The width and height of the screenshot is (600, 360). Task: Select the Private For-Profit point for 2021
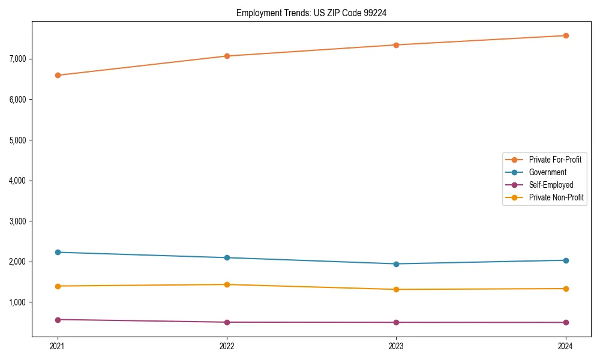tap(58, 75)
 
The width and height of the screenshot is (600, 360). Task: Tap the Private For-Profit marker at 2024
tap(566, 35)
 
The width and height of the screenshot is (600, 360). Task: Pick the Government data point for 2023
tap(396, 264)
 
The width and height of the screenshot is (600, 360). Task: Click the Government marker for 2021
tap(58, 252)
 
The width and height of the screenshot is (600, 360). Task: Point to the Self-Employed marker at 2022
tap(227, 322)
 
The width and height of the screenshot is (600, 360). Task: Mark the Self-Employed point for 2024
tap(566, 322)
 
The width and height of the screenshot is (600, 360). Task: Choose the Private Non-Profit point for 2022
tap(227, 284)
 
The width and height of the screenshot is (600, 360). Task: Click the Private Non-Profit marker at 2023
tap(396, 289)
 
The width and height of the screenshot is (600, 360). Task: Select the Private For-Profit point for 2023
tap(396, 45)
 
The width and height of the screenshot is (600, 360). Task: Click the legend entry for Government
tap(547, 172)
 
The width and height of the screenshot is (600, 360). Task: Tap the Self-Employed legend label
tap(551, 185)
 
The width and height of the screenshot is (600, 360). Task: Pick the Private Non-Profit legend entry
tap(556, 197)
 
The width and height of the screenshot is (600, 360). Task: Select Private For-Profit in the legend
tap(555, 160)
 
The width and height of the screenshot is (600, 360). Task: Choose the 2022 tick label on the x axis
tap(227, 346)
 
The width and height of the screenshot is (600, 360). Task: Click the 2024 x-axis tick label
tap(566, 346)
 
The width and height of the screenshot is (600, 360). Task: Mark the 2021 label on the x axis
tap(58, 346)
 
